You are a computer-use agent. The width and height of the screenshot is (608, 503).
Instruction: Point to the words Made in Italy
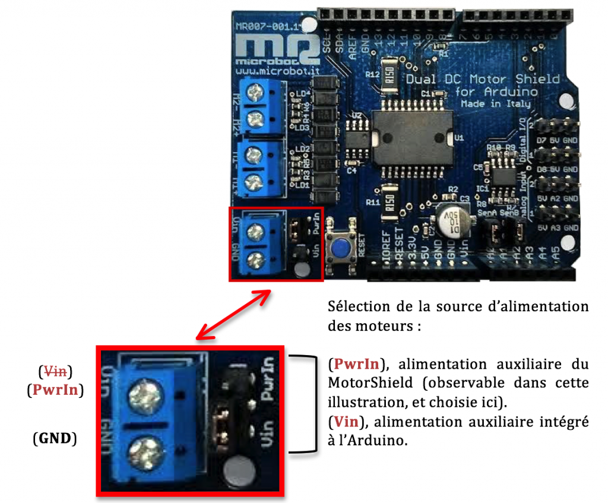(x=496, y=103)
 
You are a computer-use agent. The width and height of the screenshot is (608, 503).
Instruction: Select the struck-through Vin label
(x=55, y=372)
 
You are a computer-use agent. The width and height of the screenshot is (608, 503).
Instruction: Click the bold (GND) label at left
(x=55, y=439)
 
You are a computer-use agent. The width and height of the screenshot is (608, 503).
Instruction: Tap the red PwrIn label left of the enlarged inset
(x=55, y=390)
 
